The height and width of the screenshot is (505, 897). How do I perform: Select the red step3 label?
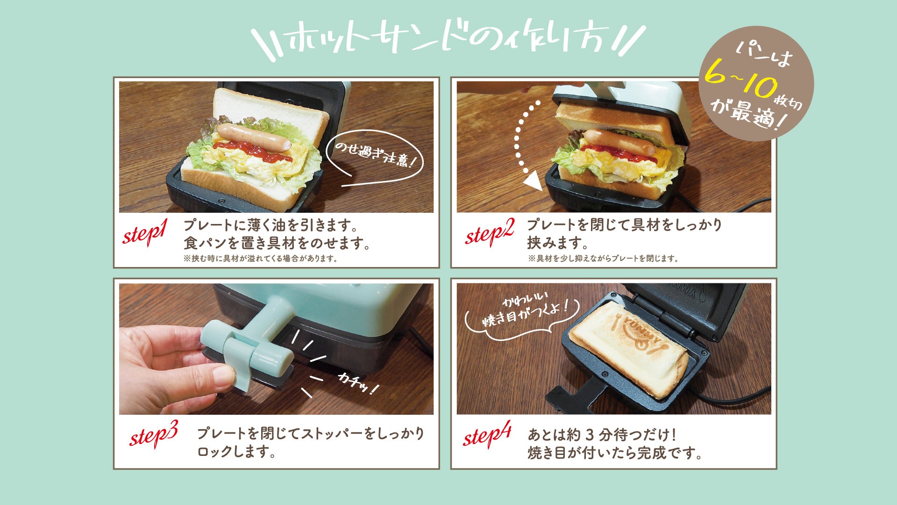(154, 436)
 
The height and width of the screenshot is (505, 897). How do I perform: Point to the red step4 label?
(487, 436)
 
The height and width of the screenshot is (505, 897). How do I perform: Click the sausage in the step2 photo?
(618, 142)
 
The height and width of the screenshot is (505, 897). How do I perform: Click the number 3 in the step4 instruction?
(589, 435)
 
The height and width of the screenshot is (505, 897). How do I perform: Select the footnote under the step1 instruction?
(261, 258)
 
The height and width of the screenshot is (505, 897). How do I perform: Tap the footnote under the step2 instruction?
(603, 258)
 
